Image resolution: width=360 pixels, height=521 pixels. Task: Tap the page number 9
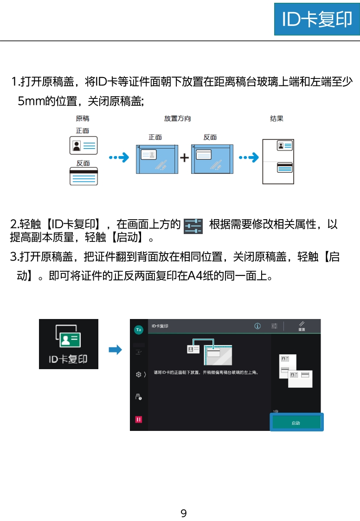pos(183,513)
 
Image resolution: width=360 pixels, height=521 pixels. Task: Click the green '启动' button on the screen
pos(296,423)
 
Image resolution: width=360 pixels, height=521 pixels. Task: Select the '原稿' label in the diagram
pos(83,118)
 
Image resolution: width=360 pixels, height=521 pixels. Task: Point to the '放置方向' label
pos(177,118)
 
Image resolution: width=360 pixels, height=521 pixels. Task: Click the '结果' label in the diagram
pos(276,118)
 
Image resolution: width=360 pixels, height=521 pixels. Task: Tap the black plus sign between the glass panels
pos(185,158)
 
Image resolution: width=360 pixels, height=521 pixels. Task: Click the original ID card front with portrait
pos(84,145)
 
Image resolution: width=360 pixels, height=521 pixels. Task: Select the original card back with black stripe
pos(84,176)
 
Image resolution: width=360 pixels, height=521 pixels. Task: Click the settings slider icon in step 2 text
pos(193,226)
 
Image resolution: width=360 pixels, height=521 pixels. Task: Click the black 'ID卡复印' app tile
pos(69,344)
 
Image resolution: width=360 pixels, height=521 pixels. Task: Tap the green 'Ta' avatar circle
pos(138,329)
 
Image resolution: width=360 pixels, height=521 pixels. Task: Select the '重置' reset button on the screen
pos(302,326)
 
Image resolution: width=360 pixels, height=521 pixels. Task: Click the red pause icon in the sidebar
pos(138,419)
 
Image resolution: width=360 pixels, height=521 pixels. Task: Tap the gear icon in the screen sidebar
pos(138,374)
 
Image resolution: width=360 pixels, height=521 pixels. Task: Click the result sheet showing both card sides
pos(278,161)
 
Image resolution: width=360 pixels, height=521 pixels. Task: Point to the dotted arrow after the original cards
pos(119,158)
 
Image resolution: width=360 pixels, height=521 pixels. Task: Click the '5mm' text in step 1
pos(31,101)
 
